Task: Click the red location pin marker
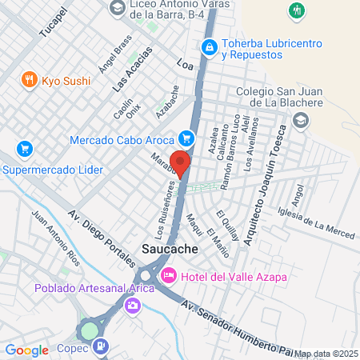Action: pos(181,163)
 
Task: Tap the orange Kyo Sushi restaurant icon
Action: pos(29,79)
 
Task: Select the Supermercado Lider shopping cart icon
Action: pos(24,149)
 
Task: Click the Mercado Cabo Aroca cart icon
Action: pos(186,138)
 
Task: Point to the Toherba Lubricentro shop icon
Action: pos(209,48)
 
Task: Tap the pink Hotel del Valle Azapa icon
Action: pos(169,276)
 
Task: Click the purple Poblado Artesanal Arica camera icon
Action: pos(133,305)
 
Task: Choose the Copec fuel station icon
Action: pos(101,346)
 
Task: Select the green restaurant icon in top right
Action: pos(298,10)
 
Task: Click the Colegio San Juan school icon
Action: pos(301,120)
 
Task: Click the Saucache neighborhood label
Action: pos(170,250)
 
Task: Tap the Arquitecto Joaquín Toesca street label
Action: pos(264,185)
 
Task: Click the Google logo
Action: pos(27,350)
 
